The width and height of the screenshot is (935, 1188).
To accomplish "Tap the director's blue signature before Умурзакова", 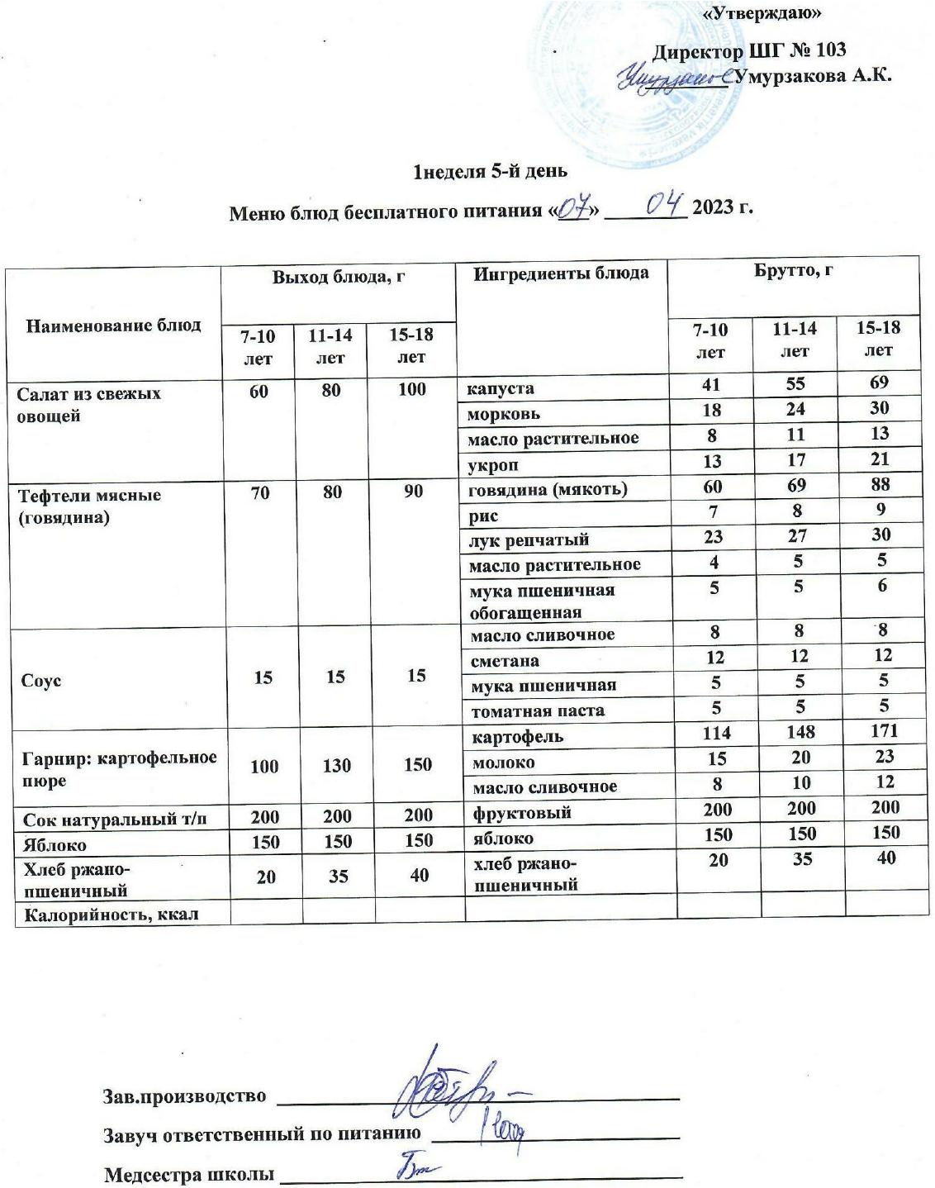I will point(673,79).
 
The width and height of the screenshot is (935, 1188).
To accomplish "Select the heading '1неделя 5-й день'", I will point(490,172).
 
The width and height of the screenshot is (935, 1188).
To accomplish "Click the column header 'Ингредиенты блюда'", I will point(561,273).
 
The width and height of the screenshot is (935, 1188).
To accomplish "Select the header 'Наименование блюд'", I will point(114,325).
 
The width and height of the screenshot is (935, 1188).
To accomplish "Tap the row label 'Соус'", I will point(42,682).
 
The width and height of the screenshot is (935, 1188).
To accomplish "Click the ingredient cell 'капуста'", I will point(501,387).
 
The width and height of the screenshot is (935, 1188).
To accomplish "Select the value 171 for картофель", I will point(881,731).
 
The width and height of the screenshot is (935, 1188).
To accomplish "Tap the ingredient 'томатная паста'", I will point(537,710).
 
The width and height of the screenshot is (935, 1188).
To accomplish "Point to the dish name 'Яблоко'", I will point(55,845).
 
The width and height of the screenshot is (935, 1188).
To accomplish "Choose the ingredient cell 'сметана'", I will point(505,661).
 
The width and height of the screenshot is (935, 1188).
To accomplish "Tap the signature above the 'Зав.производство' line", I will point(450,1087).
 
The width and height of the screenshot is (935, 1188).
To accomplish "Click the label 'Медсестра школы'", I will point(189,1174).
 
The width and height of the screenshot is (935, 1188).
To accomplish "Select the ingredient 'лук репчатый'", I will point(529,540).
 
